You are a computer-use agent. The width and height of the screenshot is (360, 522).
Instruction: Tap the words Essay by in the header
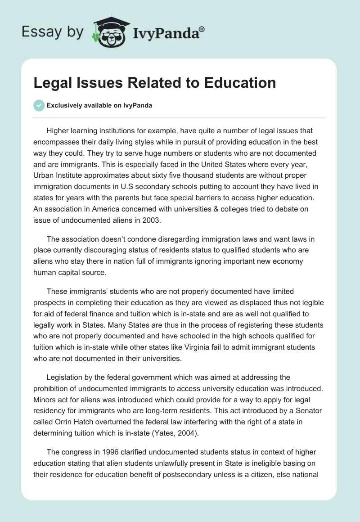tap(52, 32)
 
